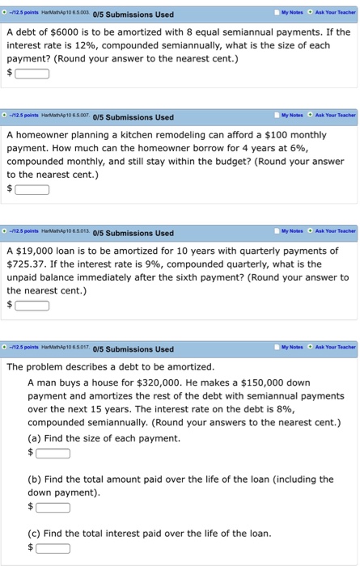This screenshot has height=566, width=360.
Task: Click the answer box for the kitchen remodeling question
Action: click(x=32, y=190)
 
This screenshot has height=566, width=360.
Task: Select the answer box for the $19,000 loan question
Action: click(x=32, y=306)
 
